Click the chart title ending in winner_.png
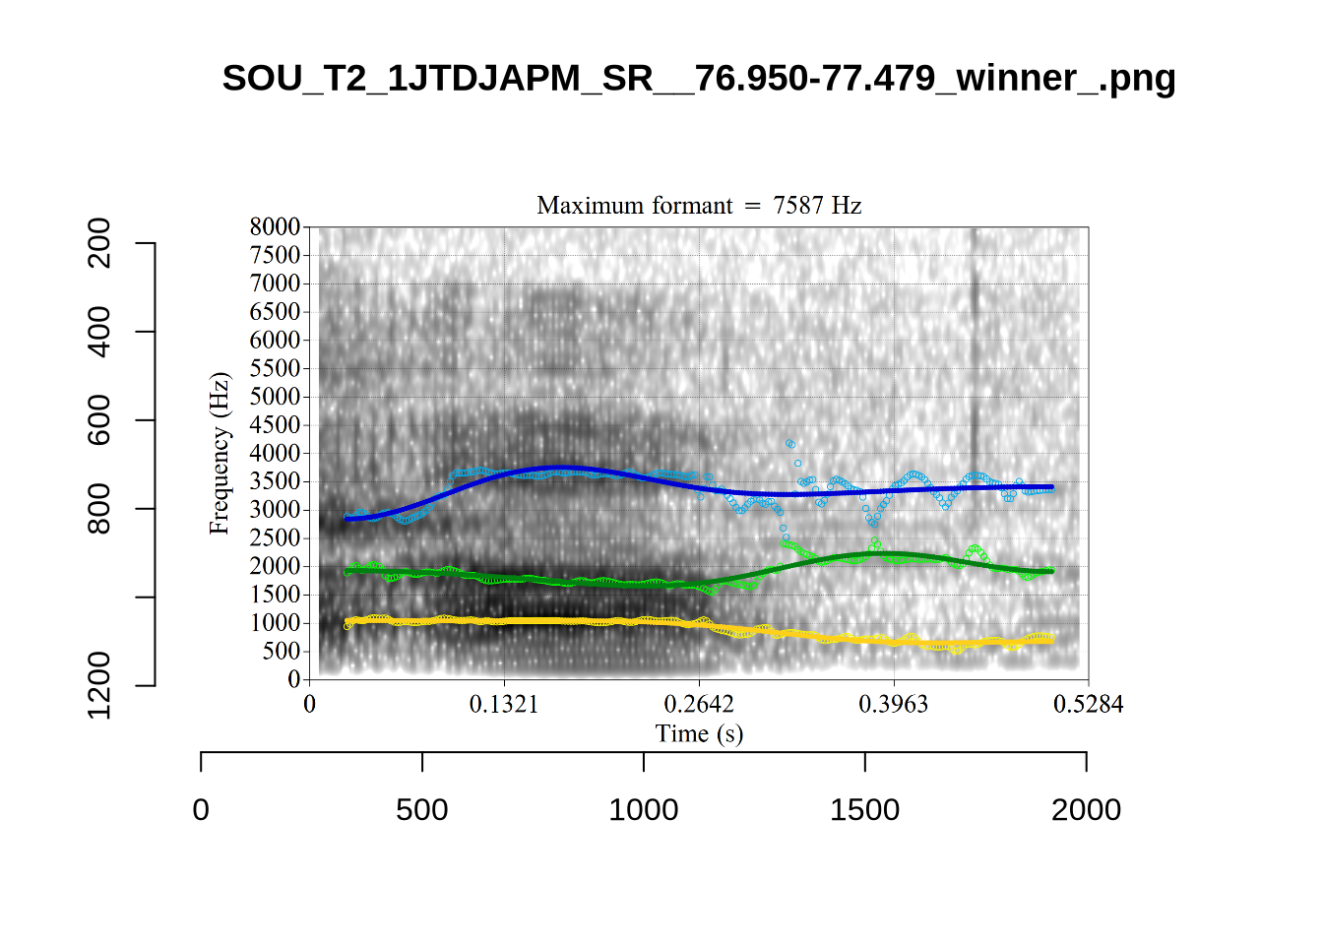[x=699, y=78]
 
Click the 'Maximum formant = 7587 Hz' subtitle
[x=699, y=205]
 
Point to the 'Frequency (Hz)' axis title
[x=219, y=454]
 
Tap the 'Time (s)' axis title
[x=699, y=733]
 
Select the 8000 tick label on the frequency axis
[x=275, y=226]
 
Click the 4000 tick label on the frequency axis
[x=275, y=453]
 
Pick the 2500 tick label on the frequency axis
[x=275, y=537]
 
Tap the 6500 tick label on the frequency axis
[x=275, y=311]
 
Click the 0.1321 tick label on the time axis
[x=504, y=704]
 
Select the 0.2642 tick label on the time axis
[x=699, y=704]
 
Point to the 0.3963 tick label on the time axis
[x=894, y=704]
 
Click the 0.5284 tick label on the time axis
[x=1088, y=704]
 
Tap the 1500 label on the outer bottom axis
[x=864, y=810]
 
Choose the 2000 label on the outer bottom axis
[x=1086, y=810]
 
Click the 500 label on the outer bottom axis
[x=422, y=810]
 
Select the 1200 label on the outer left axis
[x=99, y=685]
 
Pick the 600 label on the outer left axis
[x=99, y=420]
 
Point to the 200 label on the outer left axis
[x=99, y=243]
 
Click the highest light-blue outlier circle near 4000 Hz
[x=789, y=444]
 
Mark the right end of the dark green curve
[x=1051, y=571]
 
